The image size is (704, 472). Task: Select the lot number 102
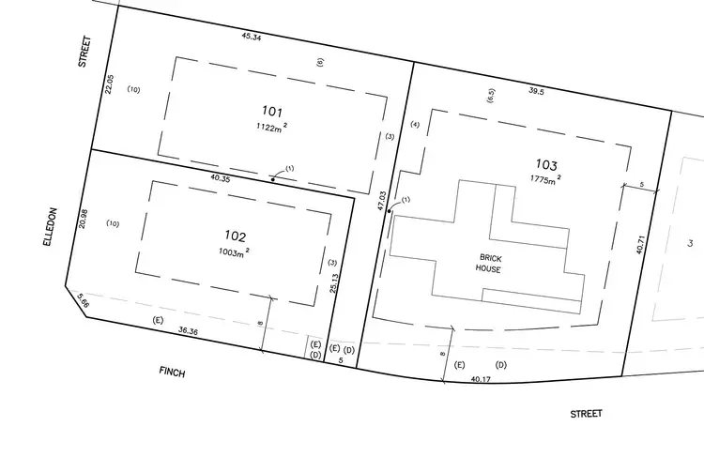tap(235, 236)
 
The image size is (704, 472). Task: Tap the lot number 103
tap(545, 163)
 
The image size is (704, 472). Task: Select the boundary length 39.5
tap(536, 92)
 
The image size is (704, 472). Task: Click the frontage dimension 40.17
tap(481, 379)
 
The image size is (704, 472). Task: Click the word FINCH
tap(172, 373)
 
